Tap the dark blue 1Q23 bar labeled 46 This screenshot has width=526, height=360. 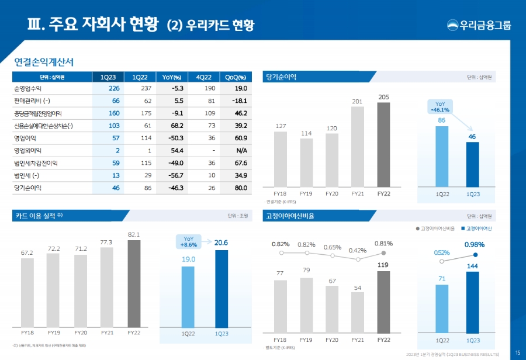coord(472,165)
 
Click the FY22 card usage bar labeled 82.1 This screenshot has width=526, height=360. coord(134,283)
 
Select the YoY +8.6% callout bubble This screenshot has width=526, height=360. coord(188,242)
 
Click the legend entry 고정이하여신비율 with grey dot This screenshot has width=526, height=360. coord(435,228)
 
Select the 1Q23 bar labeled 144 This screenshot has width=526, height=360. coord(472,302)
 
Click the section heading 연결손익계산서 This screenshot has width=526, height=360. coord(43,61)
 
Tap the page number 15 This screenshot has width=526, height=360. coord(518,352)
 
